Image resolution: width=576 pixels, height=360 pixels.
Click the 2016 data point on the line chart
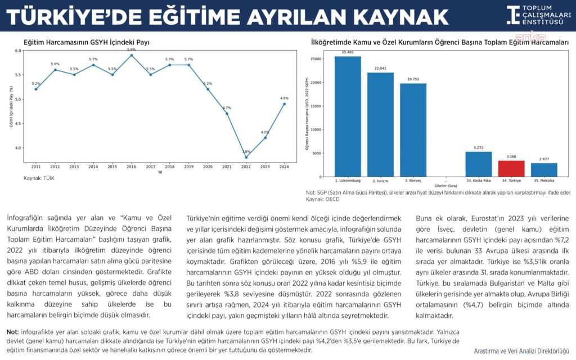pyautogui.click(x=132, y=55)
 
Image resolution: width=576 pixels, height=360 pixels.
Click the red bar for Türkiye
pyautogui.click(x=511, y=169)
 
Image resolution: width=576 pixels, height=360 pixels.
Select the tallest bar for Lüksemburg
pyautogui.click(x=348, y=116)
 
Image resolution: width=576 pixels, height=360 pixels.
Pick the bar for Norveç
pyautogui.click(x=413, y=130)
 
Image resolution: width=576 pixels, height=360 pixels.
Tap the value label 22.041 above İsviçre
pyautogui.click(x=380, y=69)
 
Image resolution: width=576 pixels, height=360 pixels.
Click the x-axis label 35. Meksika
pyautogui.click(x=543, y=181)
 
